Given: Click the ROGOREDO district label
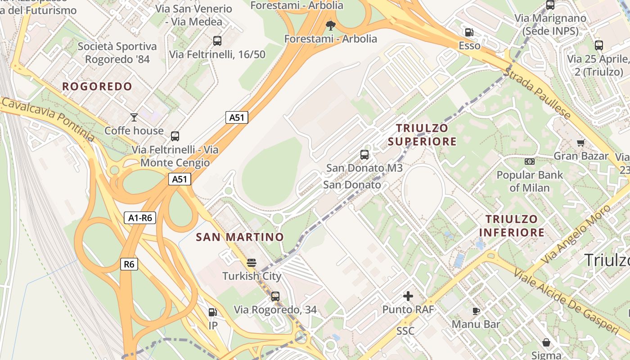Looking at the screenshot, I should tap(97, 86).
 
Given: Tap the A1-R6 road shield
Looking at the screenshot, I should tap(140, 218).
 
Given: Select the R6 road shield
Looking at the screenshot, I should tap(129, 264).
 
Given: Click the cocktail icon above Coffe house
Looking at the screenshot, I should tap(134, 117).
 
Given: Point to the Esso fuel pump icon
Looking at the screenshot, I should tap(469, 32).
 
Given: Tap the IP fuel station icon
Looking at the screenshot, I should tap(212, 312).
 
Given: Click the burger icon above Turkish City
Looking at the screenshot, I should tap(252, 263).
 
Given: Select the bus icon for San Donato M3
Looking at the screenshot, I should tap(364, 155).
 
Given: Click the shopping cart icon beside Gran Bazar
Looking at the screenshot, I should tap(580, 143).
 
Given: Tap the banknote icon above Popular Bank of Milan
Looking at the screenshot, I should tap(530, 161).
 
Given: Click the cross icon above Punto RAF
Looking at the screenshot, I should tap(408, 296).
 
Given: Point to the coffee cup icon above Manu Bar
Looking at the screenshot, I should tap(476, 311).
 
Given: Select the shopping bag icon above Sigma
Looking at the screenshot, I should tap(546, 343).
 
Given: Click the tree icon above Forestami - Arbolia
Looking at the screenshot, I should tap(331, 25).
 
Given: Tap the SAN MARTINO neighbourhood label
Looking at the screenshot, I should tap(240, 237).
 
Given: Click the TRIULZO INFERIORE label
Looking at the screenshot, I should tap(512, 226).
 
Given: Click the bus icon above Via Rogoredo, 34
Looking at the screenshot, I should tap(275, 297).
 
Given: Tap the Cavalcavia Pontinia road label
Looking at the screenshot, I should tap(47, 119).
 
